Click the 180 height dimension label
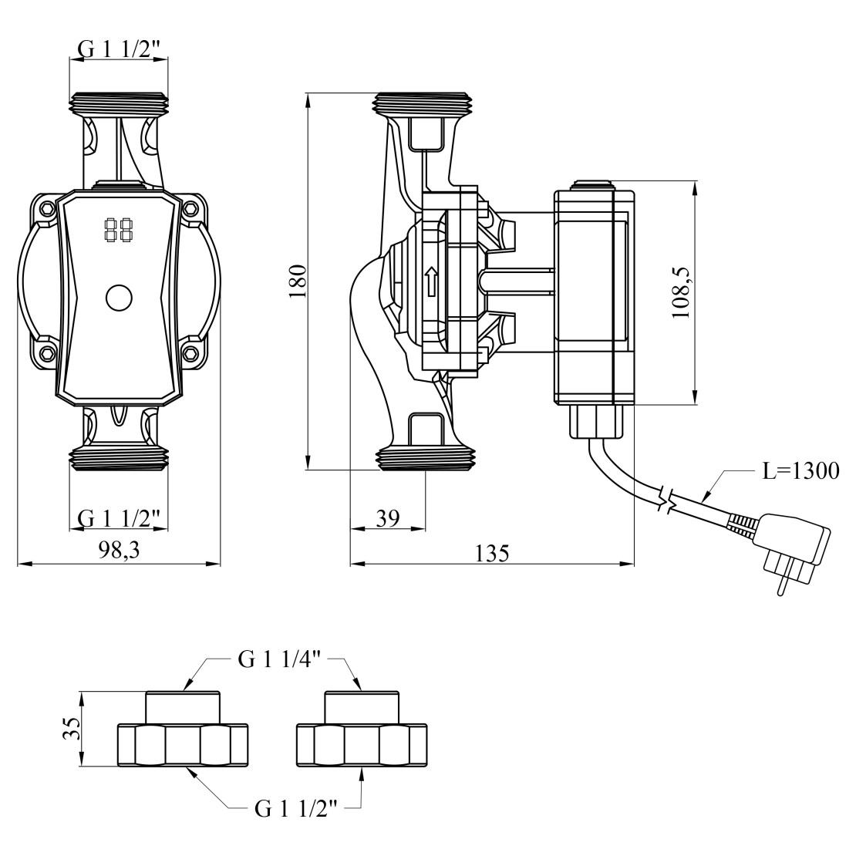pos(299,281)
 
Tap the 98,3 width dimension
pos(119,550)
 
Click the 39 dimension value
pos(387,517)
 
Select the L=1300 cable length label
pos(800,470)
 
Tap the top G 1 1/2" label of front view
pos(120,48)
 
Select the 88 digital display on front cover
pos(117,229)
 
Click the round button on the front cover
pos(119,298)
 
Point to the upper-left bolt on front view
pos(48,209)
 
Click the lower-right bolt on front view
pos(190,354)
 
